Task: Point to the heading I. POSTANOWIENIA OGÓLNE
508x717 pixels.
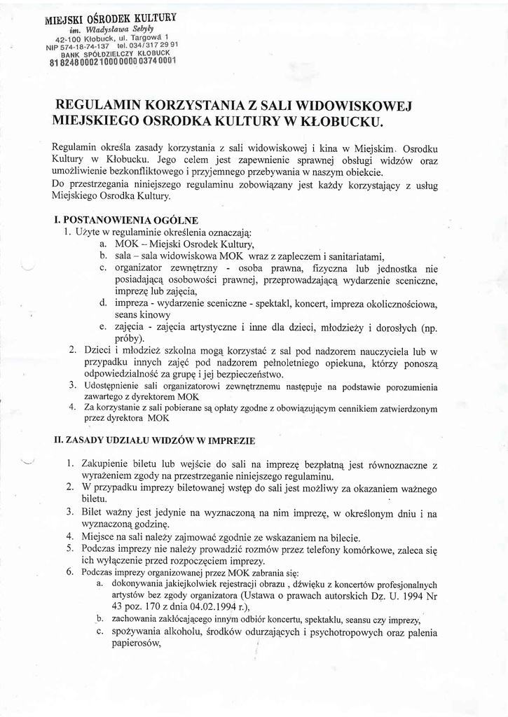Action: [130, 220]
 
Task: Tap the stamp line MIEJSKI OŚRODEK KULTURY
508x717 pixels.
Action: [110, 18]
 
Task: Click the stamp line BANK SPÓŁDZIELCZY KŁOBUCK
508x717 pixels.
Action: [115, 53]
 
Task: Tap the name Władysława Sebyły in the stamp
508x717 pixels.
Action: [116, 29]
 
